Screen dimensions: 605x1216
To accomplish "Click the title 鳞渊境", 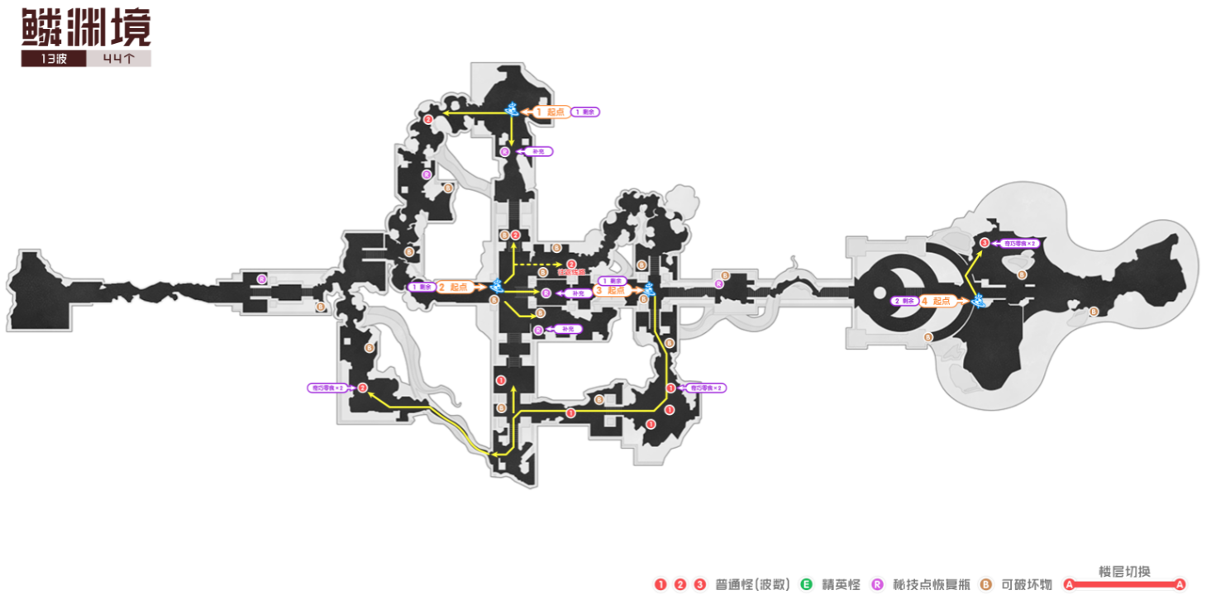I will click(86, 28).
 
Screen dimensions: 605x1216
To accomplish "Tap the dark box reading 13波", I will click(53, 60).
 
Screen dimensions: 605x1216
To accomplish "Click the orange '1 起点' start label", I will click(549, 112).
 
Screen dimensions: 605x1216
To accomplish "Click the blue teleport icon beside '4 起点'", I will click(980, 300).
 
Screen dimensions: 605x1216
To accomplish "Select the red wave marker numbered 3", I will click(984, 242).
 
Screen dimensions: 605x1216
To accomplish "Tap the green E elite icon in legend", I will click(807, 584).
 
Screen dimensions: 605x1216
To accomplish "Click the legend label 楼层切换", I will click(1124, 571).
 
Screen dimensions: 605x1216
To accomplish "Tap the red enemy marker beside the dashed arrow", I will click(571, 264).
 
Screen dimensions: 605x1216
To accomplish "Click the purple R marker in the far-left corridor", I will click(262, 279).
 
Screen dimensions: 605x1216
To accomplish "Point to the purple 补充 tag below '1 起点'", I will click(539, 152).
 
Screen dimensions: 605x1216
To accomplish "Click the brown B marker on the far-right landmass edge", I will click(1094, 312).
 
